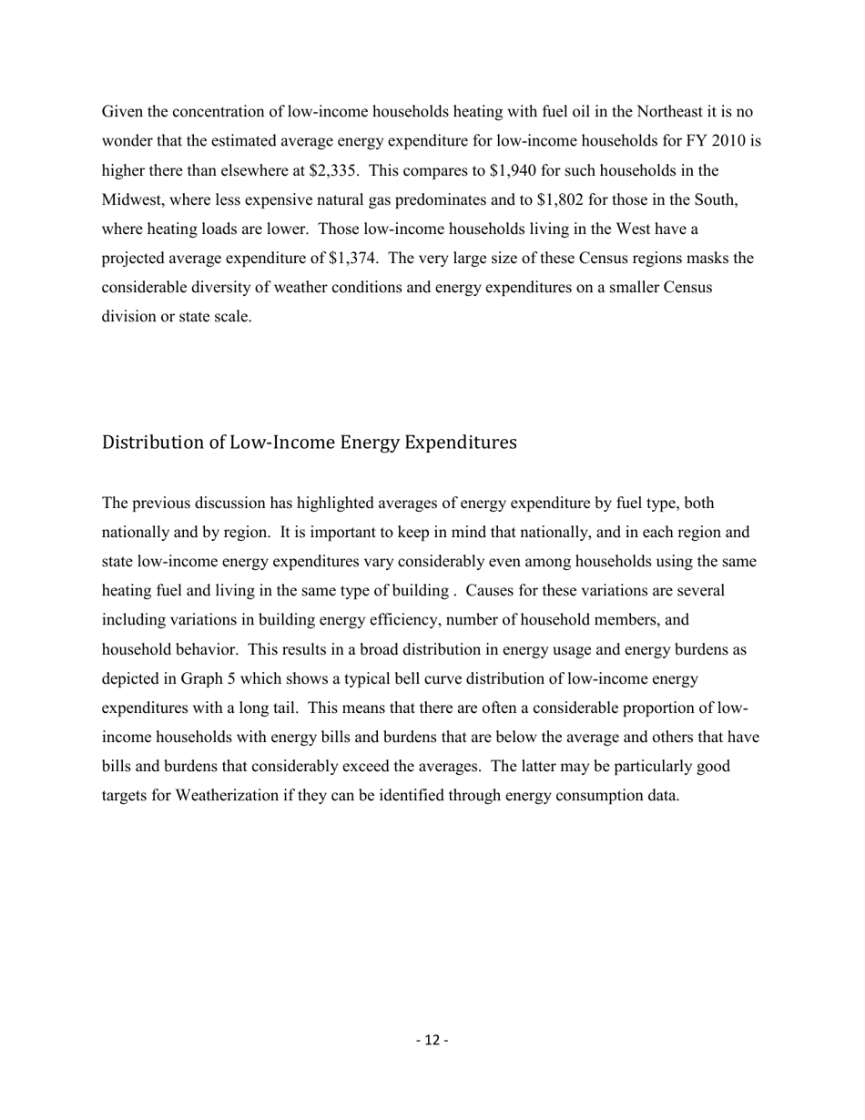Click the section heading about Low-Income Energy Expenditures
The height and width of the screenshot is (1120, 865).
coord(309,443)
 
